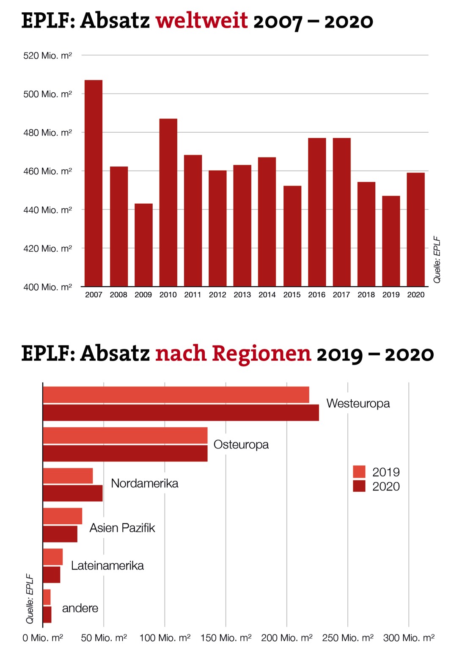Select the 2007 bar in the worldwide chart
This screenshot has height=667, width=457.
pyautogui.click(x=94, y=183)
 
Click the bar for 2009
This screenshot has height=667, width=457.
pyautogui.click(x=143, y=245)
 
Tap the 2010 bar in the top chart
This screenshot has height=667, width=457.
pyautogui.click(x=168, y=202)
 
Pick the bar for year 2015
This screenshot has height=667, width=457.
pyautogui.click(x=292, y=236)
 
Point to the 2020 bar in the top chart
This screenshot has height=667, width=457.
pyautogui.click(x=416, y=229)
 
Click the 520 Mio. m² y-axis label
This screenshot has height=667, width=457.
pyautogui.click(x=47, y=56)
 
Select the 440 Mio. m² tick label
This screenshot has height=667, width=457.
pyautogui.click(x=47, y=210)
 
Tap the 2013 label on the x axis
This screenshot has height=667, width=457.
pyautogui.click(x=242, y=295)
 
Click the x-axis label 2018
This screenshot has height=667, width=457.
pyautogui.click(x=366, y=295)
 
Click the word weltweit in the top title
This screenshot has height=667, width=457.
pyautogui.click(x=201, y=20)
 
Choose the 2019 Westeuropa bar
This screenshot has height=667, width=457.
pyautogui.click(x=176, y=395)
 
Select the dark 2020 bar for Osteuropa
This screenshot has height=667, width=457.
pyautogui.click(x=125, y=453)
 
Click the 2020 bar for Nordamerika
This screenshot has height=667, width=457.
pyautogui.click(x=73, y=493)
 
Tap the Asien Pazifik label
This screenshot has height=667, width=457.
pyautogui.click(x=122, y=528)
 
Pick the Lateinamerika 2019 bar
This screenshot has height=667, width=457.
pyautogui.click(x=53, y=557)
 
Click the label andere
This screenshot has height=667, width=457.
pyautogui.click(x=80, y=608)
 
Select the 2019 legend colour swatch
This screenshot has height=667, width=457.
pyautogui.click(x=359, y=472)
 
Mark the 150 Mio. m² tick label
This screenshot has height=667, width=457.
pyautogui.click(x=226, y=638)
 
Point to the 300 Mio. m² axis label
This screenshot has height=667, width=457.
pyautogui.click(x=409, y=638)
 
